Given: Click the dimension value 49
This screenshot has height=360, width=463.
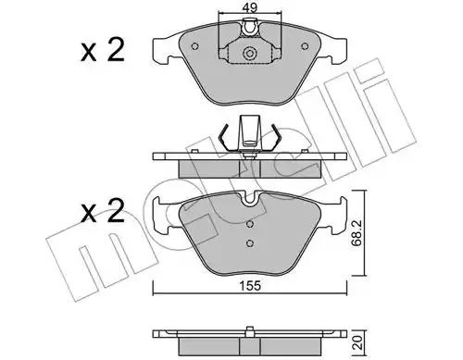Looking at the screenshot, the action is [250, 7].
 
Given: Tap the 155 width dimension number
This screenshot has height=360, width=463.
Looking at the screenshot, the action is [250, 286].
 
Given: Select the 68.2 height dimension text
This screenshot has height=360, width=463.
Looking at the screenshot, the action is [357, 233].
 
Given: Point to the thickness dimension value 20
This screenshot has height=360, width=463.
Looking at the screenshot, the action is [358, 342].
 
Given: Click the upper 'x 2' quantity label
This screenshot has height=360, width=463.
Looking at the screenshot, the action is [103, 50].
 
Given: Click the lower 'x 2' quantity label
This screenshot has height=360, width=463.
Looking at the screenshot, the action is [103, 211].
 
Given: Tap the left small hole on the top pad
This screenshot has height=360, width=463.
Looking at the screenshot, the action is [194, 46].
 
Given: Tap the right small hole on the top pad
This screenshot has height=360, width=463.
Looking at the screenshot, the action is [305, 46].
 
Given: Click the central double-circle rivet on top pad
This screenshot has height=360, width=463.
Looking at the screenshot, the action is [250, 54].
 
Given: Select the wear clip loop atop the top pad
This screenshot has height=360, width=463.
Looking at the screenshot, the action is [250, 28].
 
